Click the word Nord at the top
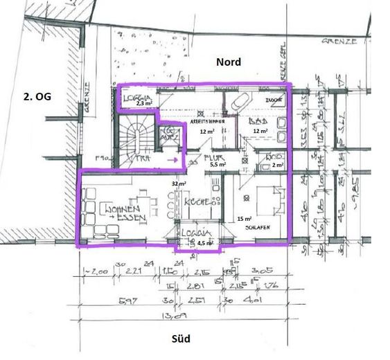229,62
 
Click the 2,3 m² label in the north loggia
143,103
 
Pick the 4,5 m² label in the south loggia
204,243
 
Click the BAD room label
258,120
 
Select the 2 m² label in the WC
278,165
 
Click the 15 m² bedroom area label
243,218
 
